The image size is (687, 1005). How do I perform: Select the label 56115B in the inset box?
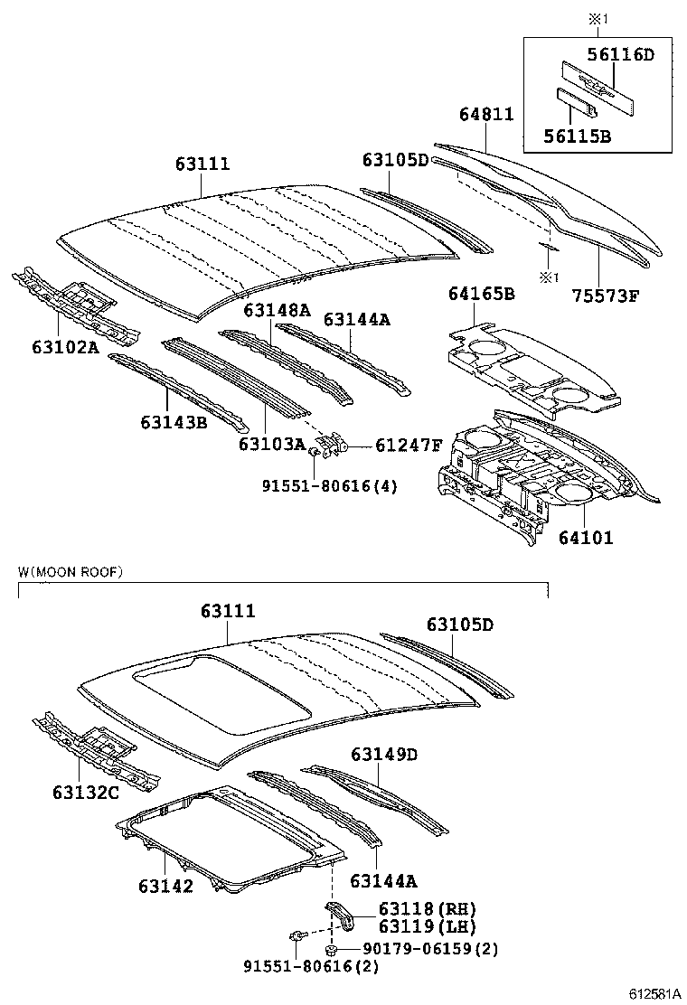click(x=577, y=136)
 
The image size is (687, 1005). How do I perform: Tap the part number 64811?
click(x=486, y=115)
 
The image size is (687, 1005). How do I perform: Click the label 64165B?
click(x=481, y=294)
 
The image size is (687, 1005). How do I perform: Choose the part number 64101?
click(x=585, y=538)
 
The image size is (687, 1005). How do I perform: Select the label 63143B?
click(x=173, y=421)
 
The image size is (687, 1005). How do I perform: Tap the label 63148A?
click(x=276, y=310)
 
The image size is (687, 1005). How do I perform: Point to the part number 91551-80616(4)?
click(x=329, y=486)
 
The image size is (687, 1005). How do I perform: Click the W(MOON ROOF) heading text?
click(x=70, y=572)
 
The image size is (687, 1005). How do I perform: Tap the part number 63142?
click(x=165, y=886)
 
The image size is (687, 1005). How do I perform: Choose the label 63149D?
click(x=384, y=754)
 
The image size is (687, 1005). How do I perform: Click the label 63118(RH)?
click(x=414, y=909)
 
